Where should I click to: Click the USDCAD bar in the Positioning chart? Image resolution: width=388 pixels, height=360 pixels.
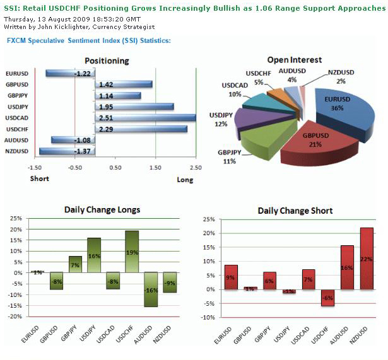tap(145, 118)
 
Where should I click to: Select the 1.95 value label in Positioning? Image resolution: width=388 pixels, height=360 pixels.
tap(105, 107)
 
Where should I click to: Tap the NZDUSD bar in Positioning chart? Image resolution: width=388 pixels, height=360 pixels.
tap(66, 151)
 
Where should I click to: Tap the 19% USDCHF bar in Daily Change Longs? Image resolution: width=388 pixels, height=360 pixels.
tap(132, 252)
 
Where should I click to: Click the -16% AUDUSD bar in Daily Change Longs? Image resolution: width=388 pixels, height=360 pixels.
tap(151, 289)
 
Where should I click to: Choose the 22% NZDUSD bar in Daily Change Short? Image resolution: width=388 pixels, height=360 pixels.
tap(367, 258)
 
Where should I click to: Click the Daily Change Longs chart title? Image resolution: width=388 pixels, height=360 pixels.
tap(102, 210)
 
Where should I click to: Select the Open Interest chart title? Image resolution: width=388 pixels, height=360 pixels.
tap(294, 60)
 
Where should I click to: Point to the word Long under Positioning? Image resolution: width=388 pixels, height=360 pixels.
tap(185, 179)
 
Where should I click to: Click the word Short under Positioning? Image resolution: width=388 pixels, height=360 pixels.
tap(40, 178)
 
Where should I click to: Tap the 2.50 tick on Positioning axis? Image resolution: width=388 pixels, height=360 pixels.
tap(196, 168)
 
